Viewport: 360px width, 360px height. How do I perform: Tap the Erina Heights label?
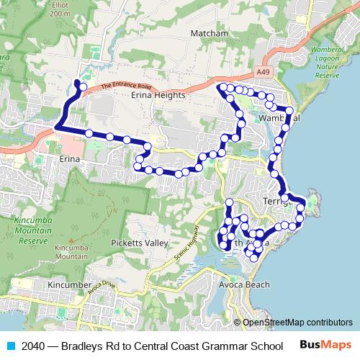156,94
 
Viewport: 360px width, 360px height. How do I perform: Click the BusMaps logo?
326,345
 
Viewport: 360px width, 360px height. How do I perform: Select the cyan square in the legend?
9,345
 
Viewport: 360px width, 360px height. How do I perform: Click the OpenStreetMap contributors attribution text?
297,323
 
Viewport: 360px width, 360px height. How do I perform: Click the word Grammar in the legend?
222,345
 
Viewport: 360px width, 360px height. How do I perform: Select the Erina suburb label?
68,158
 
